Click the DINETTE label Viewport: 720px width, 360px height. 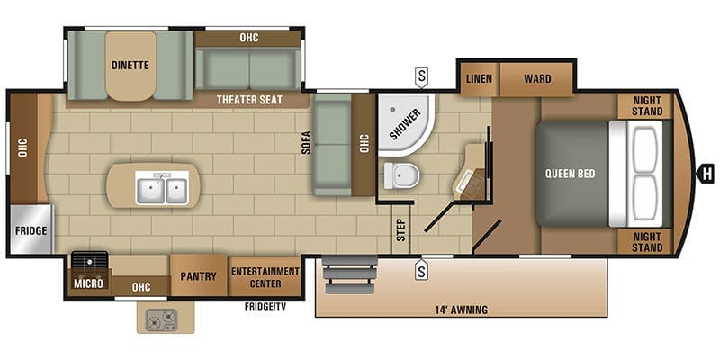130,65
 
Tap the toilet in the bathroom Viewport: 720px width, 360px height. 401,175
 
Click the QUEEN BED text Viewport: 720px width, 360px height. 571,174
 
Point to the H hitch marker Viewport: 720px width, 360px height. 706,174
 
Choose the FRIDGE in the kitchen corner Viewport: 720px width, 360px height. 31,229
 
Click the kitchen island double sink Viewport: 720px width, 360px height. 162,188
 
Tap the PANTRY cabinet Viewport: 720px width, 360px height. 199,275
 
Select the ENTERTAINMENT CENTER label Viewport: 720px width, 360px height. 265,277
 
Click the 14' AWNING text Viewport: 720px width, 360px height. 461,310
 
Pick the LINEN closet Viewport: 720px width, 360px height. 479,79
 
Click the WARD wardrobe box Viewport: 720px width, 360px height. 536,79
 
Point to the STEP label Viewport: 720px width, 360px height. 401,230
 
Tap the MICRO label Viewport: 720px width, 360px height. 88,283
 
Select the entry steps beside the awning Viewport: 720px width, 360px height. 351,274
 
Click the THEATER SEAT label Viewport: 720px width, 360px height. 249,100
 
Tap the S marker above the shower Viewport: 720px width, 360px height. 421,76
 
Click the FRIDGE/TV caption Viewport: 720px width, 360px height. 265,307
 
